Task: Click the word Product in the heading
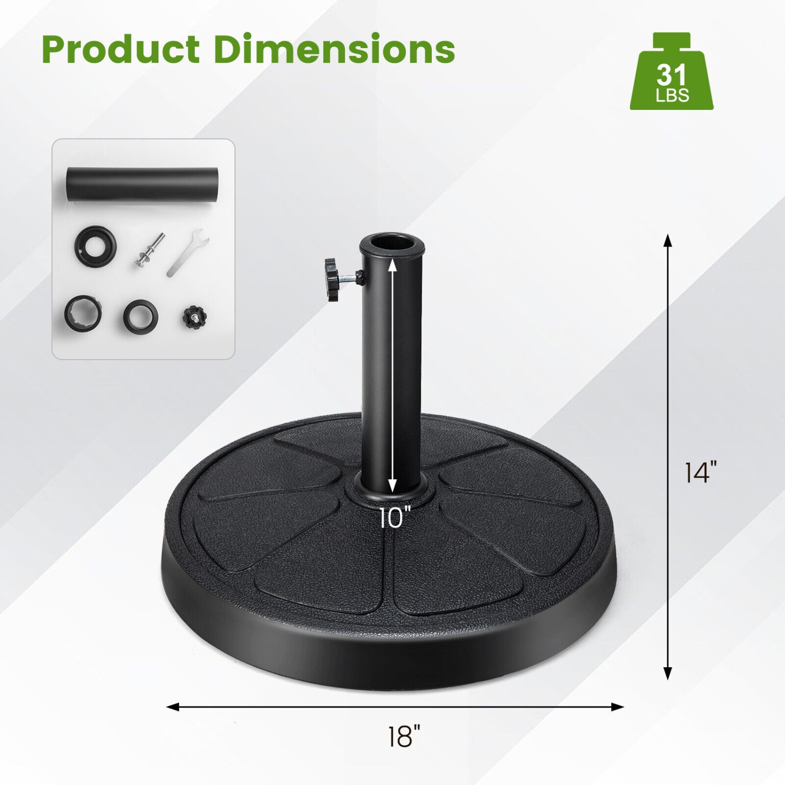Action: [120, 50]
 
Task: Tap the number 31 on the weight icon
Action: [671, 75]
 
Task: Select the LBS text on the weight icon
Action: [672, 96]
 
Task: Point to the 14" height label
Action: [700, 472]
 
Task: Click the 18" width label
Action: [403, 736]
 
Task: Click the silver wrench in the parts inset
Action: [187, 252]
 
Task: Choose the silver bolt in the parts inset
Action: [149, 250]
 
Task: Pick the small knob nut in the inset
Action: [195, 317]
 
